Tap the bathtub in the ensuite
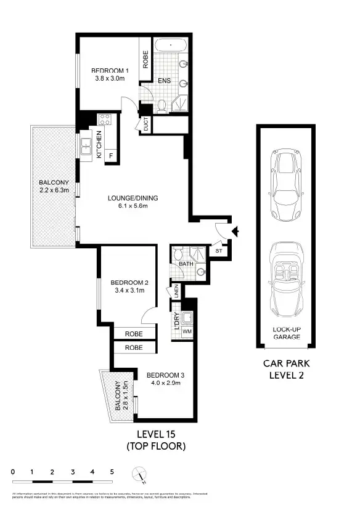[x=171, y=46]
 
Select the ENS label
[x=164, y=80]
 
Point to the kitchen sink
[x=85, y=147]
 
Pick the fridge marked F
[x=111, y=155]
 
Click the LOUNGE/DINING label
[x=133, y=198]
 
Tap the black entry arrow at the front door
[x=234, y=232]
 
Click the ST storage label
[x=219, y=251]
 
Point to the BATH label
[x=186, y=264]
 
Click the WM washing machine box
[x=187, y=332]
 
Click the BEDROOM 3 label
[x=166, y=374]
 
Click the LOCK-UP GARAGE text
[x=287, y=333]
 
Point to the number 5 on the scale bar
[x=112, y=472]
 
